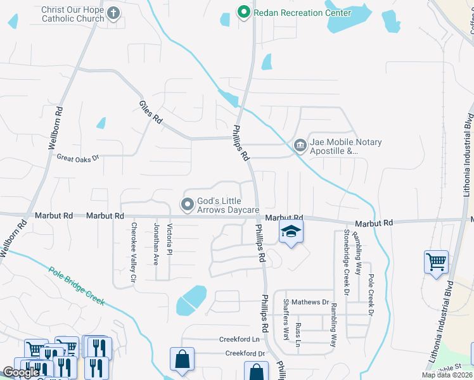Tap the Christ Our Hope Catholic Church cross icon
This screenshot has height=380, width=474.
[113, 13]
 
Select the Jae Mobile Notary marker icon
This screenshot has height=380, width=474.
[300, 146]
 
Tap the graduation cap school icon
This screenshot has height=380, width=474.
[291, 232]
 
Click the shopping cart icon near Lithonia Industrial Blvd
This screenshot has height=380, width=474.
[436, 261]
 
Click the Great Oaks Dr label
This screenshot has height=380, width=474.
[79, 157]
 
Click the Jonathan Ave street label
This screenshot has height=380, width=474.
[156, 243]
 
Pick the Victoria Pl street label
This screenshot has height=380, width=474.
[169, 239]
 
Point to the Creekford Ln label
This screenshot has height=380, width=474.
[241, 339]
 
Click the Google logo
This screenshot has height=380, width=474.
[21, 372]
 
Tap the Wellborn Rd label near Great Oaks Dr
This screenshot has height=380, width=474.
[56, 127]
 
